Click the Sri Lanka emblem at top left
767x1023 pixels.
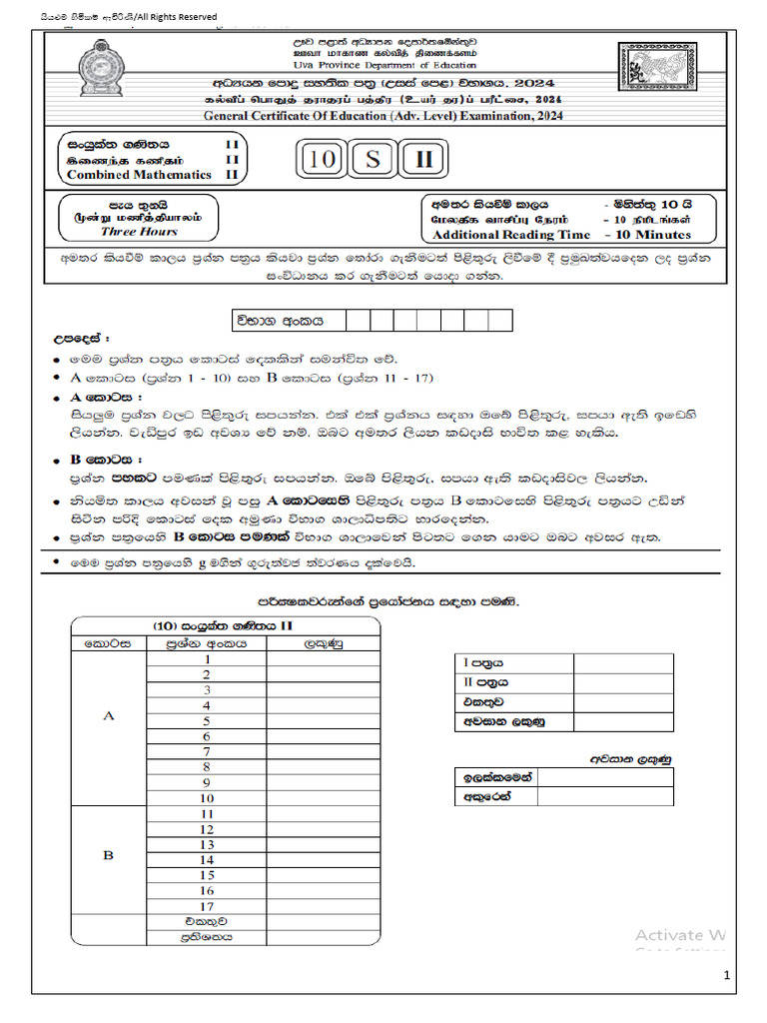click(x=99, y=71)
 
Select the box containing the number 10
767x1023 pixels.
click(x=323, y=160)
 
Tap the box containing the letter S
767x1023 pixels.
click(x=373, y=160)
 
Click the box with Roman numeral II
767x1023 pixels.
click(x=423, y=160)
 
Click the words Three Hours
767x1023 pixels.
click(x=139, y=231)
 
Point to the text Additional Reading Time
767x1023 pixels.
click(x=510, y=235)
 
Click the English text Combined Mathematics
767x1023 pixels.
click(x=139, y=174)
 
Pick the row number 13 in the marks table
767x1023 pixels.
click(x=207, y=844)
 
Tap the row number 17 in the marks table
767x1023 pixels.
click(x=207, y=905)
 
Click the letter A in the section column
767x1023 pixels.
click(x=108, y=715)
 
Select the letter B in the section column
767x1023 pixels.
click(x=108, y=856)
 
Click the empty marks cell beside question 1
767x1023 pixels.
click(x=323, y=659)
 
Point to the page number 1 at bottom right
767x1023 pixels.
click(x=727, y=974)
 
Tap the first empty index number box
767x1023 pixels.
click(x=357, y=321)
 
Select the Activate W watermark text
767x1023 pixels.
click(x=680, y=935)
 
